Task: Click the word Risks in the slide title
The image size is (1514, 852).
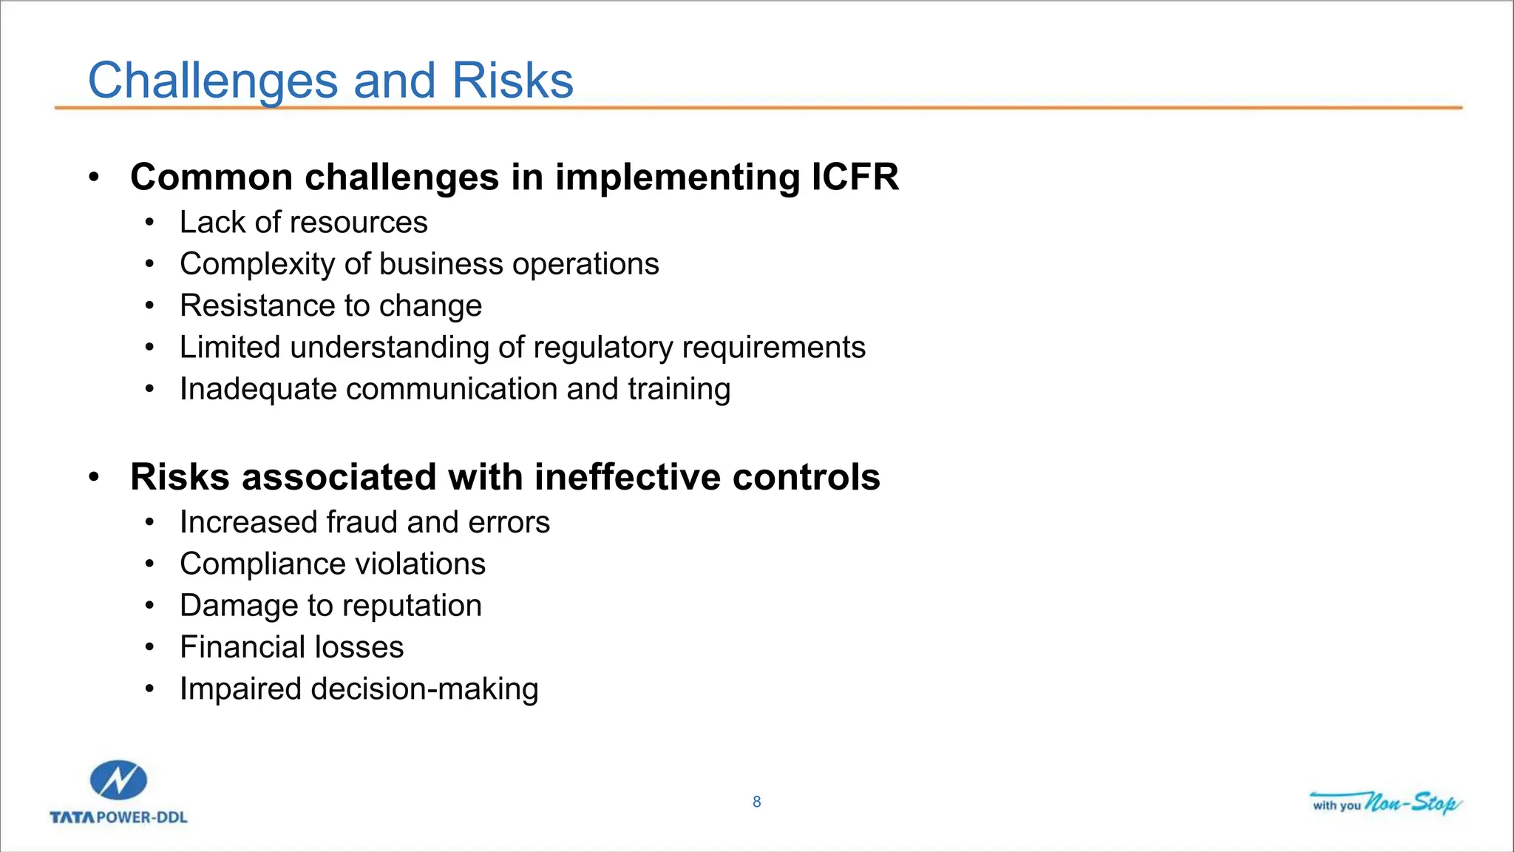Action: click(512, 81)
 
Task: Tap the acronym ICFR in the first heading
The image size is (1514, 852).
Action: click(855, 177)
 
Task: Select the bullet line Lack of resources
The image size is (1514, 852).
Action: click(303, 223)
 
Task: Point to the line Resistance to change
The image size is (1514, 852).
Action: click(330, 306)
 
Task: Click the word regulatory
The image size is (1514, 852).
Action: click(603, 348)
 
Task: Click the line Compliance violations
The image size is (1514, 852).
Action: click(332, 564)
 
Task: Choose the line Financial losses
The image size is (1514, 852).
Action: click(291, 647)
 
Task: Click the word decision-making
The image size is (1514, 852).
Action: click(424, 689)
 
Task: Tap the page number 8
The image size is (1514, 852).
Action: click(756, 802)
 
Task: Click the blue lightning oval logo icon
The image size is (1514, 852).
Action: click(118, 780)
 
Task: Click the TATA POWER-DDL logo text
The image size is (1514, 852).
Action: click(118, 817)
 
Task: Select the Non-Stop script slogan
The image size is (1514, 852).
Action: click(1411, 802)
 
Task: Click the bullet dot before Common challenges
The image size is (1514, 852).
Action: click(93, 177)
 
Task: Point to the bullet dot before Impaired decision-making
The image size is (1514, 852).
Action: click(150, 689)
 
